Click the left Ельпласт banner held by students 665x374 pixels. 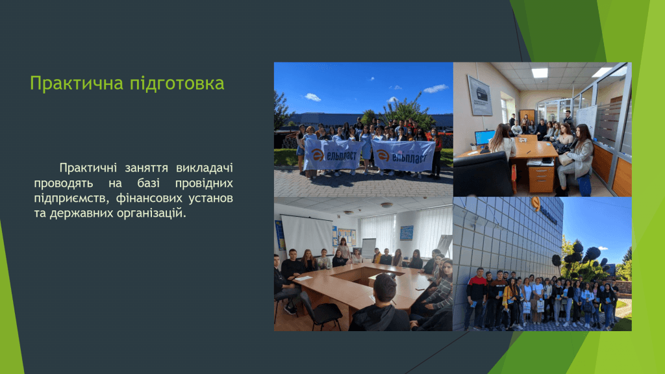(333, 155)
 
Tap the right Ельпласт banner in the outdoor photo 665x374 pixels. (403, 156)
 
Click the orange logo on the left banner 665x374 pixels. (318, 155)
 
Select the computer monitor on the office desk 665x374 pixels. (484, 138)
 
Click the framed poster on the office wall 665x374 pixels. (480, 95)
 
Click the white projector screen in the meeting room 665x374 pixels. (307, 235)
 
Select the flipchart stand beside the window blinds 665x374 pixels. (368, 247)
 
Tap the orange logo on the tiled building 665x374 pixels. (536, 203)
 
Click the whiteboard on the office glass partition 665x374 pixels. (586, 120)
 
